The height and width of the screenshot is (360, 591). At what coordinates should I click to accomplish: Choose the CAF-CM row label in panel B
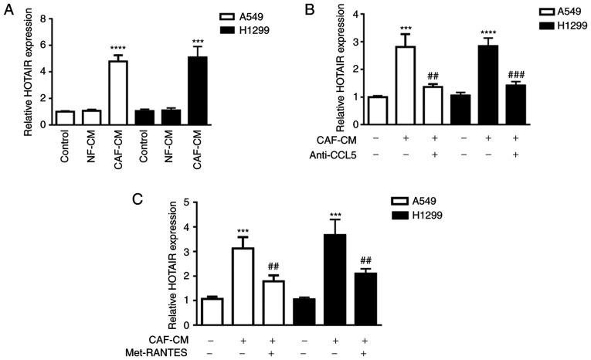(328, 139)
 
